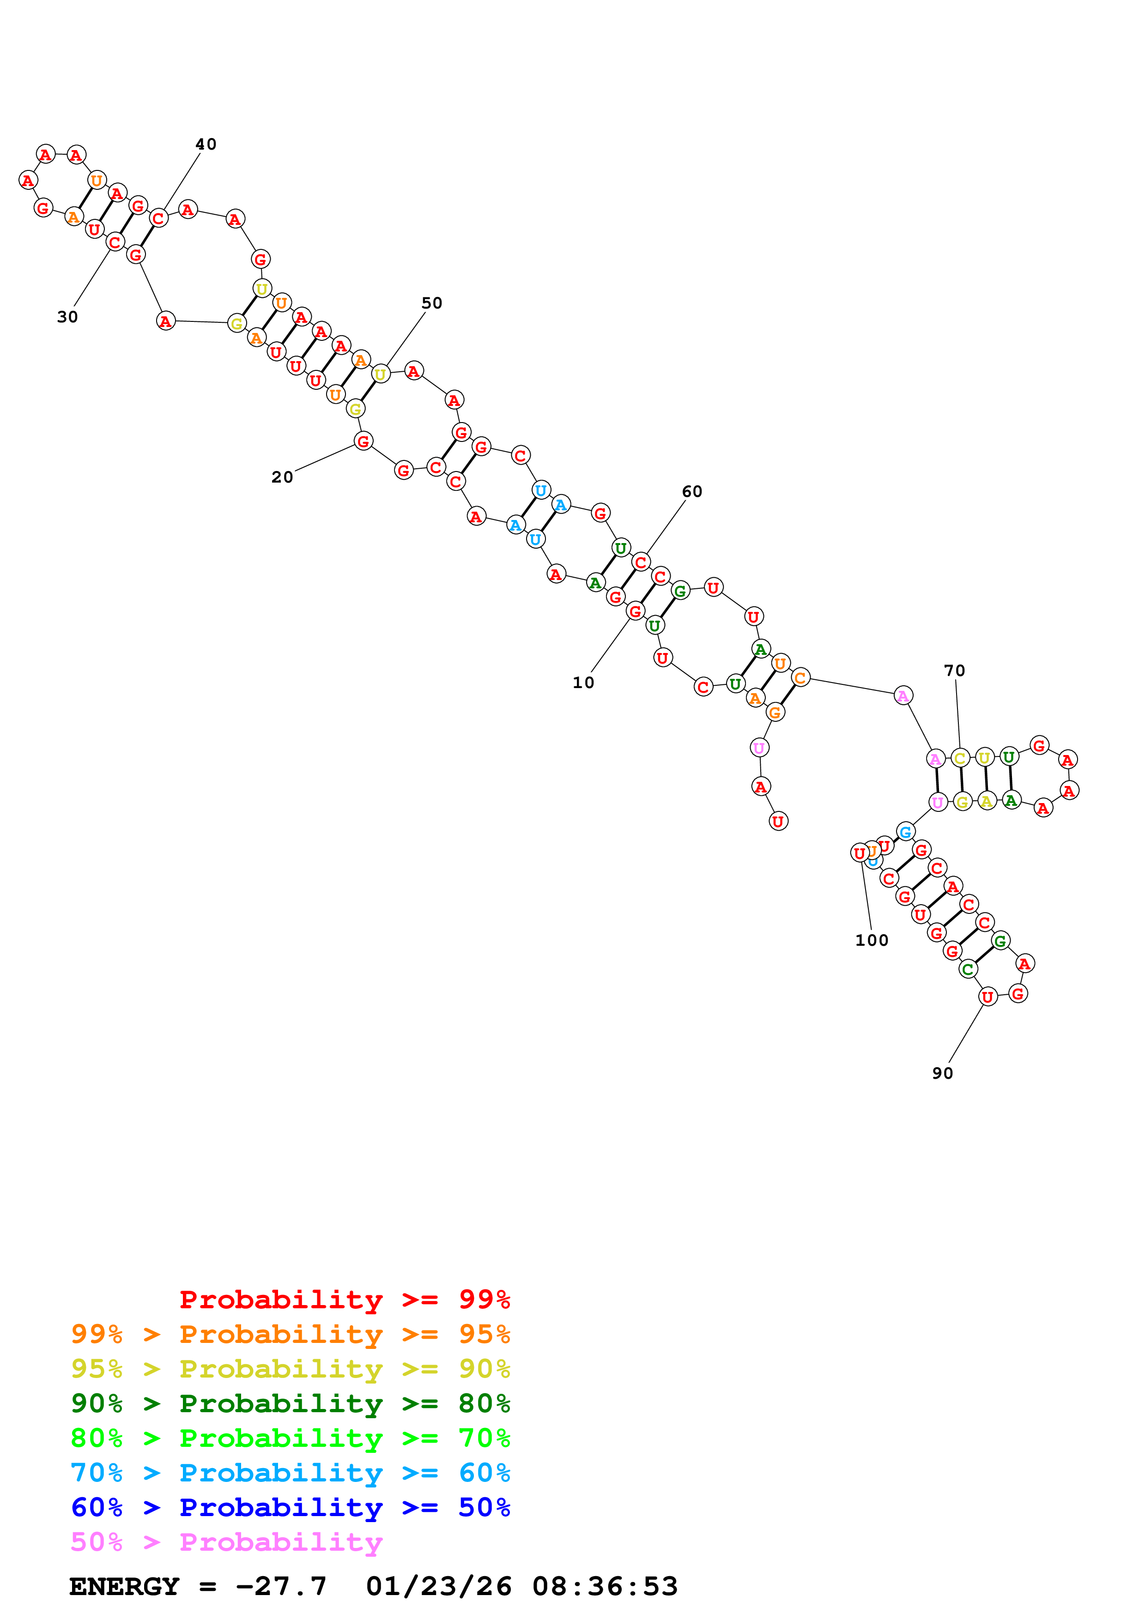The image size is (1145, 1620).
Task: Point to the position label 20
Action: click(282, 478)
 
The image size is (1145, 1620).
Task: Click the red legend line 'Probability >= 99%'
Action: click(344, 1300)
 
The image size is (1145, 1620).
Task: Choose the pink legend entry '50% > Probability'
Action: click(226, 1542)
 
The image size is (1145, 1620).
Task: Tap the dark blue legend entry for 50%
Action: click(290, 1508)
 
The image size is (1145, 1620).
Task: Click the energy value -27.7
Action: click(281, 1587)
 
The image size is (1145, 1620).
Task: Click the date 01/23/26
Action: click(438, 1587)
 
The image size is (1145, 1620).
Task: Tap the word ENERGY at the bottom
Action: click(124, 1587)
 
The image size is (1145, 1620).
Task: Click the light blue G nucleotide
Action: click(905, 832)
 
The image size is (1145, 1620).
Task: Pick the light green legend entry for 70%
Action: click(290, 1439)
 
